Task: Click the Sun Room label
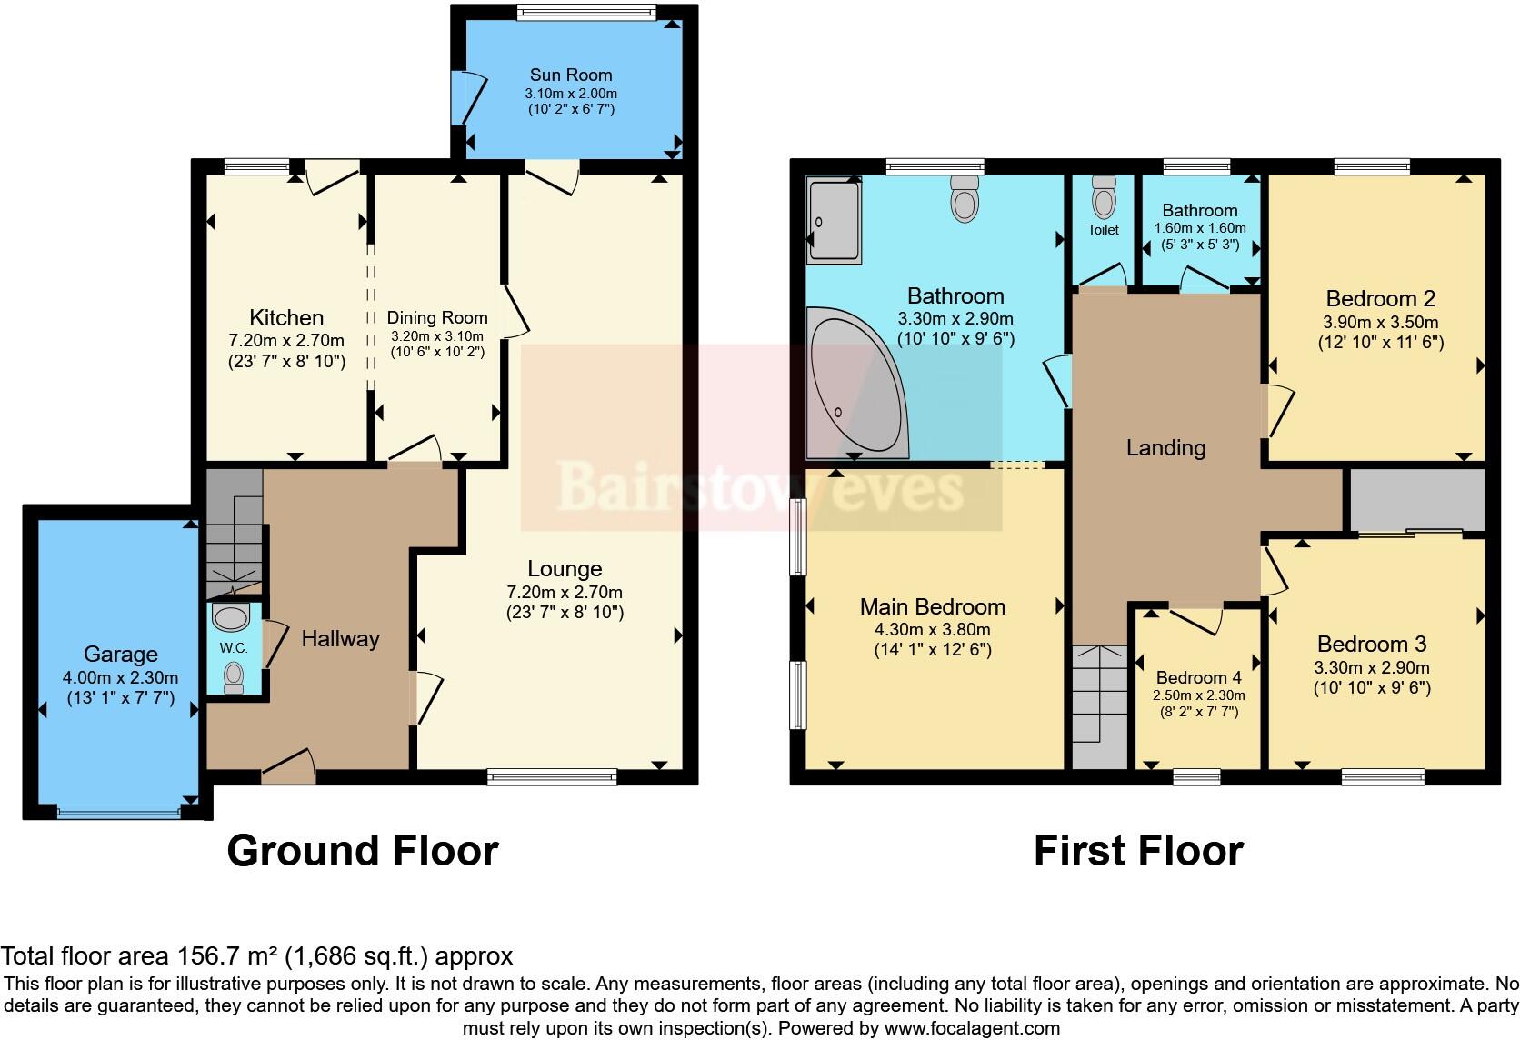point(570,75)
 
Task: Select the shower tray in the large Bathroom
point(834,221)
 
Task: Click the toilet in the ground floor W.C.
point(235,676)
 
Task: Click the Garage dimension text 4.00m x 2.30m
point(120,678)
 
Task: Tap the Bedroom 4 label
point(1198,677)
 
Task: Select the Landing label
point(1165,447)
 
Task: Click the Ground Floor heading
point(362,851)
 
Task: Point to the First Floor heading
point(1138,851)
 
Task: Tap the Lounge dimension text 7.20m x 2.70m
point(565,592)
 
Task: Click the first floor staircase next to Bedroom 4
point(1100,705)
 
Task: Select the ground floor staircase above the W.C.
point(234,532)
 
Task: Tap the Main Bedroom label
point(933,606)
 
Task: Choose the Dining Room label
point(437,317)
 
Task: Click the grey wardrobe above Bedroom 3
point(1416,498)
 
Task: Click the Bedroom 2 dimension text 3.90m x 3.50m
point(1380,322)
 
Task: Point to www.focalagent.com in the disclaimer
point(972,1028)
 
